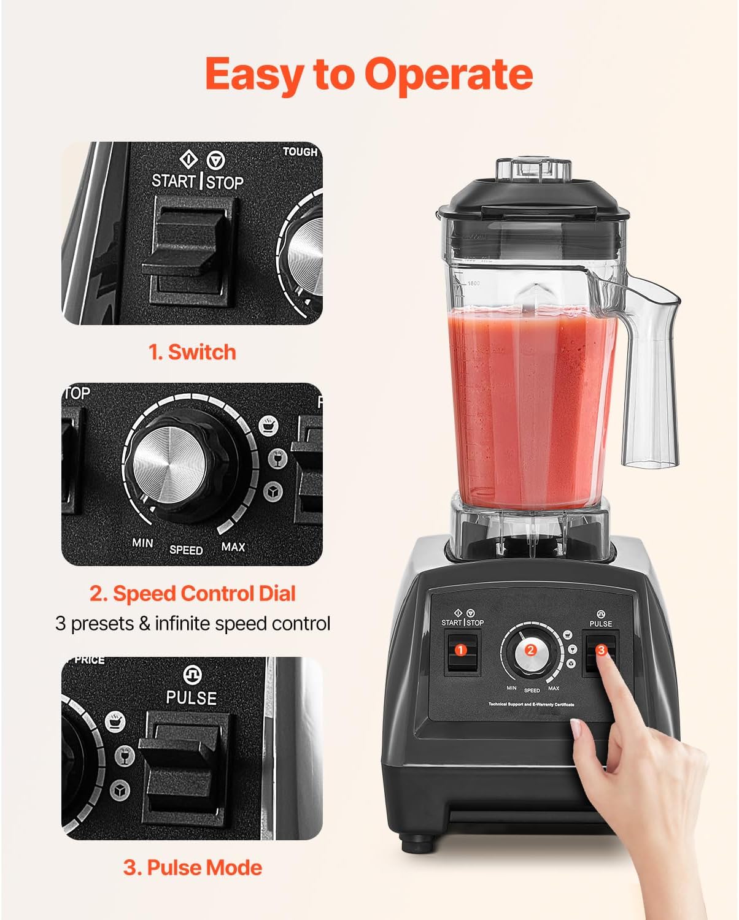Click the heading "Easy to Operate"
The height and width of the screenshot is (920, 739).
(x=369, y=74)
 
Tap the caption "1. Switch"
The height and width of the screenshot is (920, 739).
(x=192, y=352)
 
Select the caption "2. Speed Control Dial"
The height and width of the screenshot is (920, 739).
(x=192, y=593)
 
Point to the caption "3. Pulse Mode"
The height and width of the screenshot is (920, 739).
(x=192, y=867)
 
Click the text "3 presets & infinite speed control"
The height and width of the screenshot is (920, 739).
(x=193, y=623)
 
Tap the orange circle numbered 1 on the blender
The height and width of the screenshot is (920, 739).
(x=460, y=651)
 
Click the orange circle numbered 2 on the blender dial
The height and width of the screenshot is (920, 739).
(x=531, y=651)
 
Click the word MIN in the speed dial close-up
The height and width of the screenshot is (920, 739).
(x=142, y=543)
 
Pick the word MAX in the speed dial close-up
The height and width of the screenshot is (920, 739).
(x=233, y=546)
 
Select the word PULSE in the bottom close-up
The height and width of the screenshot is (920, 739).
(x=191, y=698)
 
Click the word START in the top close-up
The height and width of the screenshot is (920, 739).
(x=173, y=181)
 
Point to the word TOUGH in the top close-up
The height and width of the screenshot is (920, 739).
(x=300, y=151)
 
